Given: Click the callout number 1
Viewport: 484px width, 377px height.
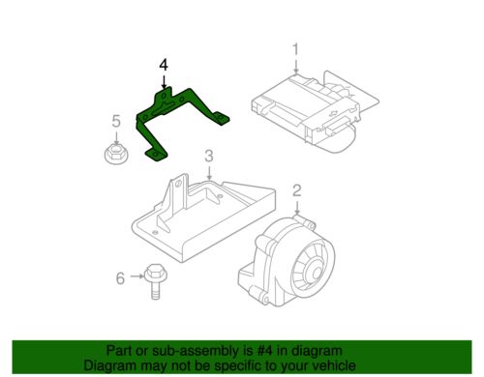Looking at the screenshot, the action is pos(295,50).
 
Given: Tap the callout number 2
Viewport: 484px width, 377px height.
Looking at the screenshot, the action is pos(296,190).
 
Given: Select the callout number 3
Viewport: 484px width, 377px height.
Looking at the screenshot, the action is pos(209,156).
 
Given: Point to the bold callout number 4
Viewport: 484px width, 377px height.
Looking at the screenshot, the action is pos(164,65).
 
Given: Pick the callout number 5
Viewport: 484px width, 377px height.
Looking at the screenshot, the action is pos(116,122).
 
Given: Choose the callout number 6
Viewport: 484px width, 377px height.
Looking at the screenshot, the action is pos(120,278).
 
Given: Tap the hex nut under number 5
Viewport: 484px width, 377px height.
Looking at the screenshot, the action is pos(116,155).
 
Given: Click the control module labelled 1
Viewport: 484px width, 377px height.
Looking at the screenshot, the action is pos(315,111).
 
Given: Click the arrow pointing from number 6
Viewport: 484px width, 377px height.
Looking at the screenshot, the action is pos(136,276).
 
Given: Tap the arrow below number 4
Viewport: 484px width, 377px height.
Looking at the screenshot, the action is pos(164,81).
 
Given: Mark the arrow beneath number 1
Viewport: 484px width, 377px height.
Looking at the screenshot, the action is pos(296,66).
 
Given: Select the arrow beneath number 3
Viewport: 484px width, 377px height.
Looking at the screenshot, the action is pos(209,173).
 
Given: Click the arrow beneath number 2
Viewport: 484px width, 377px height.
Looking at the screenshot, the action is pos(296,208).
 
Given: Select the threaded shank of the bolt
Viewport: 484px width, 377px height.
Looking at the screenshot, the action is pos(156,291).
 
